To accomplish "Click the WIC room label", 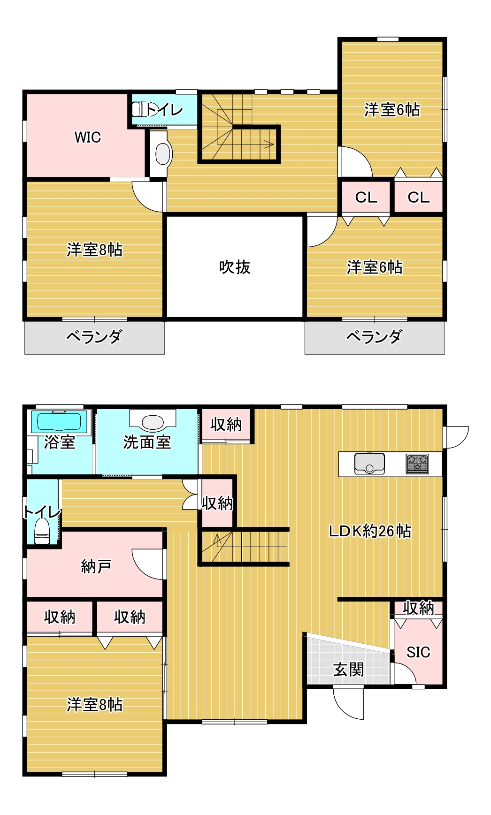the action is pyautogui.click(x=88, y=137).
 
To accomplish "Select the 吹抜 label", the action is pyautogui.click(x=235, y=267).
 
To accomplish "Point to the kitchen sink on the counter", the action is pyautogui.click(x=369, y=464).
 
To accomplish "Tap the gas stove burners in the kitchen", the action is pyautogui.click(x=417, y=464).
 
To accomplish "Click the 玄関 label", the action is pyautogui.click(x=348, y=670).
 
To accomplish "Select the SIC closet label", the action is pyautogui.click(x=418, y=652).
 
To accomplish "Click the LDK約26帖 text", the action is pyautogui.click(x=370, y=531).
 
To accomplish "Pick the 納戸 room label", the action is pyautogui.click(x=96, y=566).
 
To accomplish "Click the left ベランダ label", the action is pyautogui.click(x=94, y=336).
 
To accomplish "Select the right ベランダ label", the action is pyautogui.click(x=374, y=336).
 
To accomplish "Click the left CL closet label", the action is pyautogui.click(x=366, y=197).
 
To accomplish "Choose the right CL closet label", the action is pyautogui.click(x=418, y=197).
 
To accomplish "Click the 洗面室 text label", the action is pyautogui.click(x=147, y=442).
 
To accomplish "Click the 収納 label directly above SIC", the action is pyautogui.click(x=419, y=608).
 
